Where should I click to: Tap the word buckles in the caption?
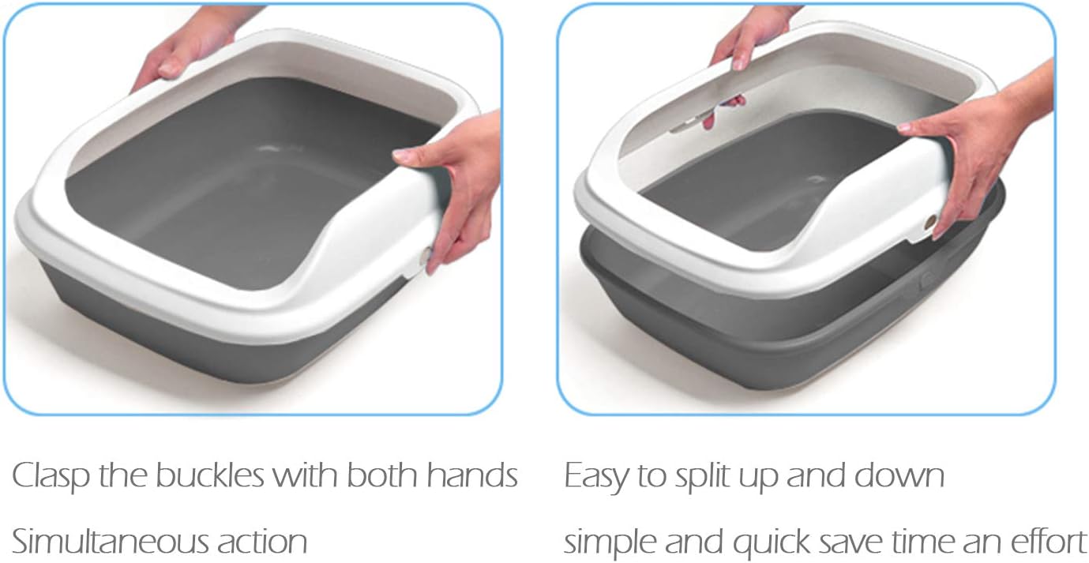click(209, 476)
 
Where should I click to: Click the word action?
click(263, 542)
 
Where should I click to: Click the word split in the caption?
click(705, 476)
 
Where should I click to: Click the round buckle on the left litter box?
click(427, 255)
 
